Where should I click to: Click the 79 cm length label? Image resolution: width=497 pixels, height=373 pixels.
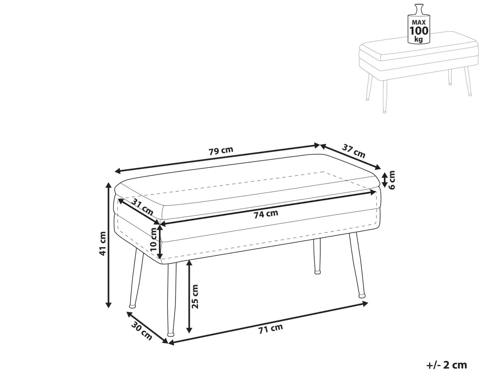[x=221, y=151]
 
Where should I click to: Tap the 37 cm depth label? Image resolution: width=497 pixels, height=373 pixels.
[x=353, y=151]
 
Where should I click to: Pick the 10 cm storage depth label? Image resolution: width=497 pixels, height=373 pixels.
[x=154, y=239]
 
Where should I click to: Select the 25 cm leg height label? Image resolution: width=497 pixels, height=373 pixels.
[x=195, y=296]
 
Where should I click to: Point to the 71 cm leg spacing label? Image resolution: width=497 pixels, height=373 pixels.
[x=271, y=329]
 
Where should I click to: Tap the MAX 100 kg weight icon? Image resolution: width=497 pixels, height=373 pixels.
[x=419, y=25]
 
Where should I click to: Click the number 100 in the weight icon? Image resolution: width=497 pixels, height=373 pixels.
[x=419, y=31]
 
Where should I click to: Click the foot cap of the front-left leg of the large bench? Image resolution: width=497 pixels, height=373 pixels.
[x=171, y=334]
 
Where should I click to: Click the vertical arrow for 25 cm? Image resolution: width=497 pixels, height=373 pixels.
[x=189, y=297]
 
